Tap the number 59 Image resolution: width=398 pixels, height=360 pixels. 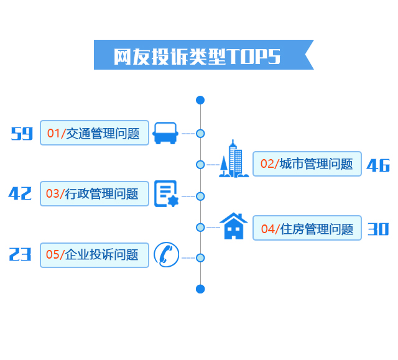(22, 133)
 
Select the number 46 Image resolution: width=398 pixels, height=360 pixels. (378, 165)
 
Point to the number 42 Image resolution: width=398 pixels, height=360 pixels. (20, 193)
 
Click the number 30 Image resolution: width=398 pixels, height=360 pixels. (378, 229)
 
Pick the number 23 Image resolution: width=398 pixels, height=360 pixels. (20, 254)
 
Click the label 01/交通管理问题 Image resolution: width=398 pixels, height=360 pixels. (95, 133)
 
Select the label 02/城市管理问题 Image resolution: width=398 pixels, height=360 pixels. (307, 164)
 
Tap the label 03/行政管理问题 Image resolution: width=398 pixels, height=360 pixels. (95, 194)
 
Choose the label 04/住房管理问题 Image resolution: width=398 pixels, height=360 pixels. (307, 229)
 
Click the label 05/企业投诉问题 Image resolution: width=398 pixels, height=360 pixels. (95, 255)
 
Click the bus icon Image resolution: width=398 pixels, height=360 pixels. (165, 133)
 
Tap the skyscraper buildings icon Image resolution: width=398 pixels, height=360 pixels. (234, 160)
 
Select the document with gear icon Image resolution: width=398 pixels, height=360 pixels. (165, 194)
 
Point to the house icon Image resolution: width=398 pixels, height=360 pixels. (234, 226)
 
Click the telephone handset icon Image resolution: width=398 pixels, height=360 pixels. (166, 255)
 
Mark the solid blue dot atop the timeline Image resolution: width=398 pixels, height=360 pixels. (200, 100)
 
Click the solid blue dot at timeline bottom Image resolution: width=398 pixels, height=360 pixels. (200, 288)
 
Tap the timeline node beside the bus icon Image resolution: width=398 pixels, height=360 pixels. (200, 133)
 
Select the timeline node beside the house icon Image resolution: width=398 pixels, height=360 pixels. (200, 228)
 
